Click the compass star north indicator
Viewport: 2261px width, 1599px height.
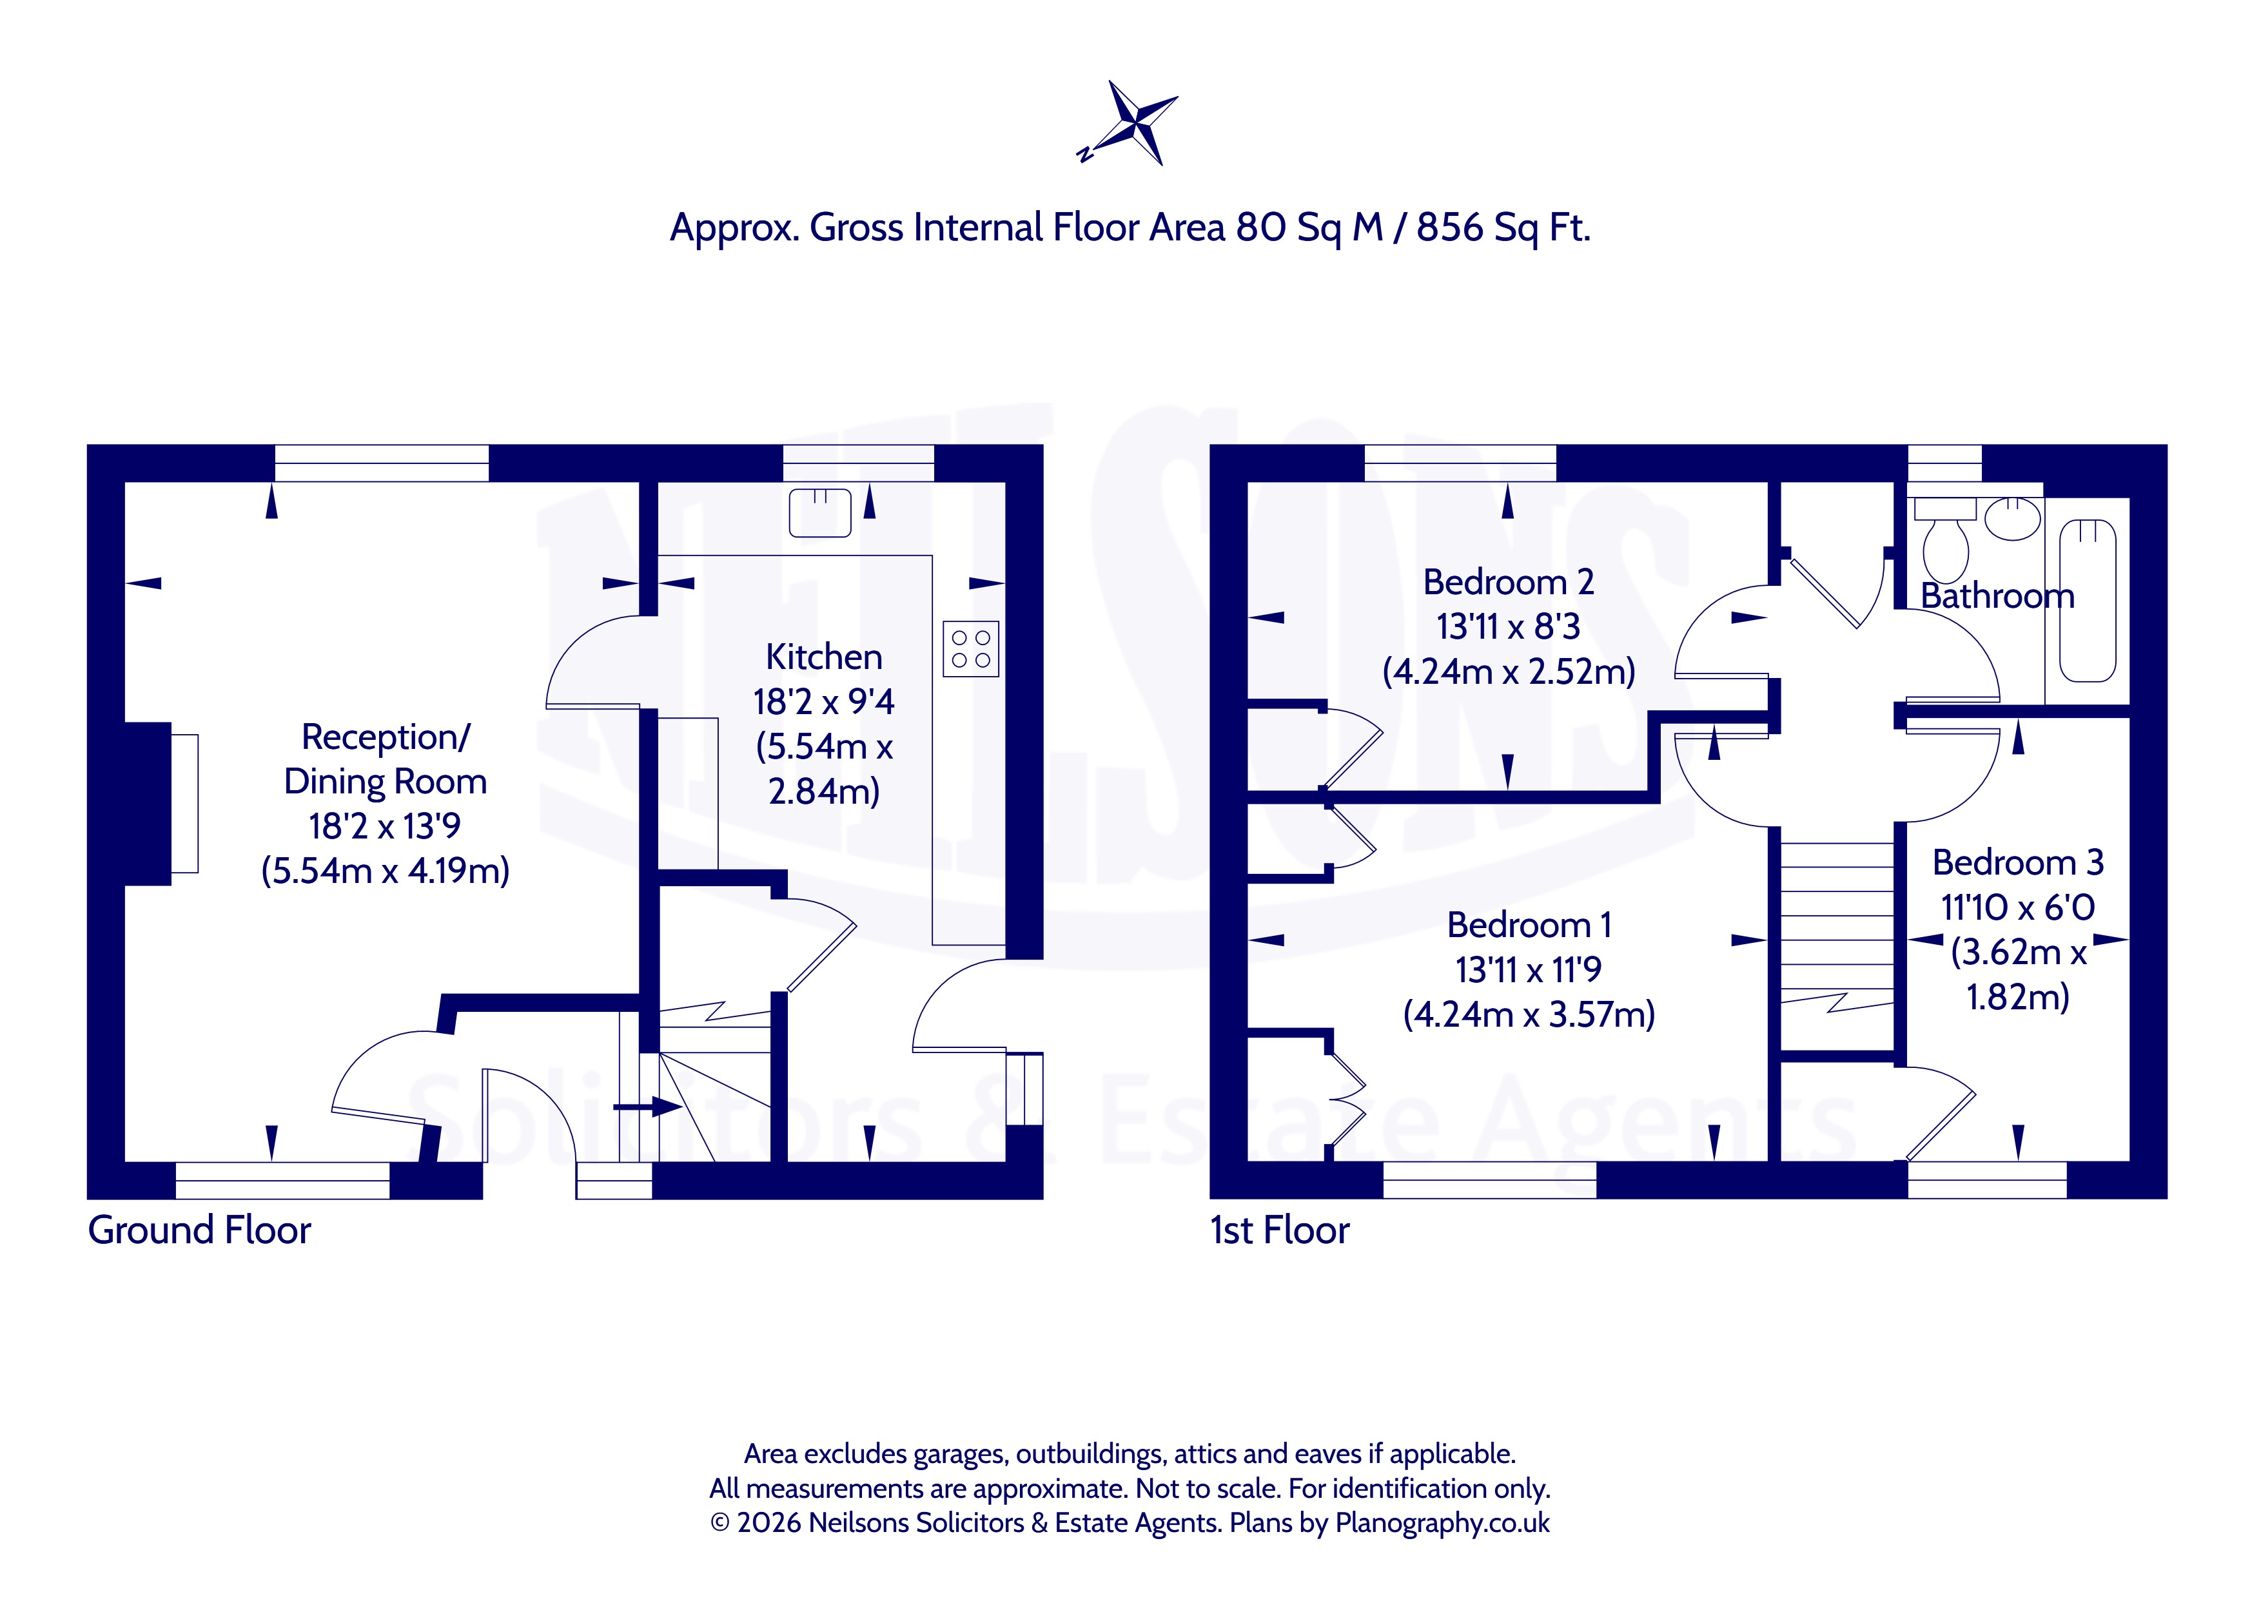1128,124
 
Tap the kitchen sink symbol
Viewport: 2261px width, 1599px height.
820,512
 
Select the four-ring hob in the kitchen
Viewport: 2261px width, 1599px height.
971,649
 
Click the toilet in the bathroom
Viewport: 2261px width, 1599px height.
1945,539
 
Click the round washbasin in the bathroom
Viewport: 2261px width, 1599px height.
2013,519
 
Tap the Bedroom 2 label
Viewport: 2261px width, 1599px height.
1509,582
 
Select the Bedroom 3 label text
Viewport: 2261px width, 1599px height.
2018,862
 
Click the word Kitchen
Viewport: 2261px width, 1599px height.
824,657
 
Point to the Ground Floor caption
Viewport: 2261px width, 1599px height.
200,1231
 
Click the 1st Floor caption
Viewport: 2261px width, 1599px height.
1280,1231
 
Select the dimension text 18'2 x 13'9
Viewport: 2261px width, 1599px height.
385,826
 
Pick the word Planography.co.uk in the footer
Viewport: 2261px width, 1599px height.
1443,1523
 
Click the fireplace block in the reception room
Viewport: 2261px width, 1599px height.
148,804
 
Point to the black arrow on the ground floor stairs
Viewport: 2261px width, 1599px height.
648,1107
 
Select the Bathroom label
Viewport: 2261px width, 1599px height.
1998,596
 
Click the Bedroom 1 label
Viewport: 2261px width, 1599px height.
1529,925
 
